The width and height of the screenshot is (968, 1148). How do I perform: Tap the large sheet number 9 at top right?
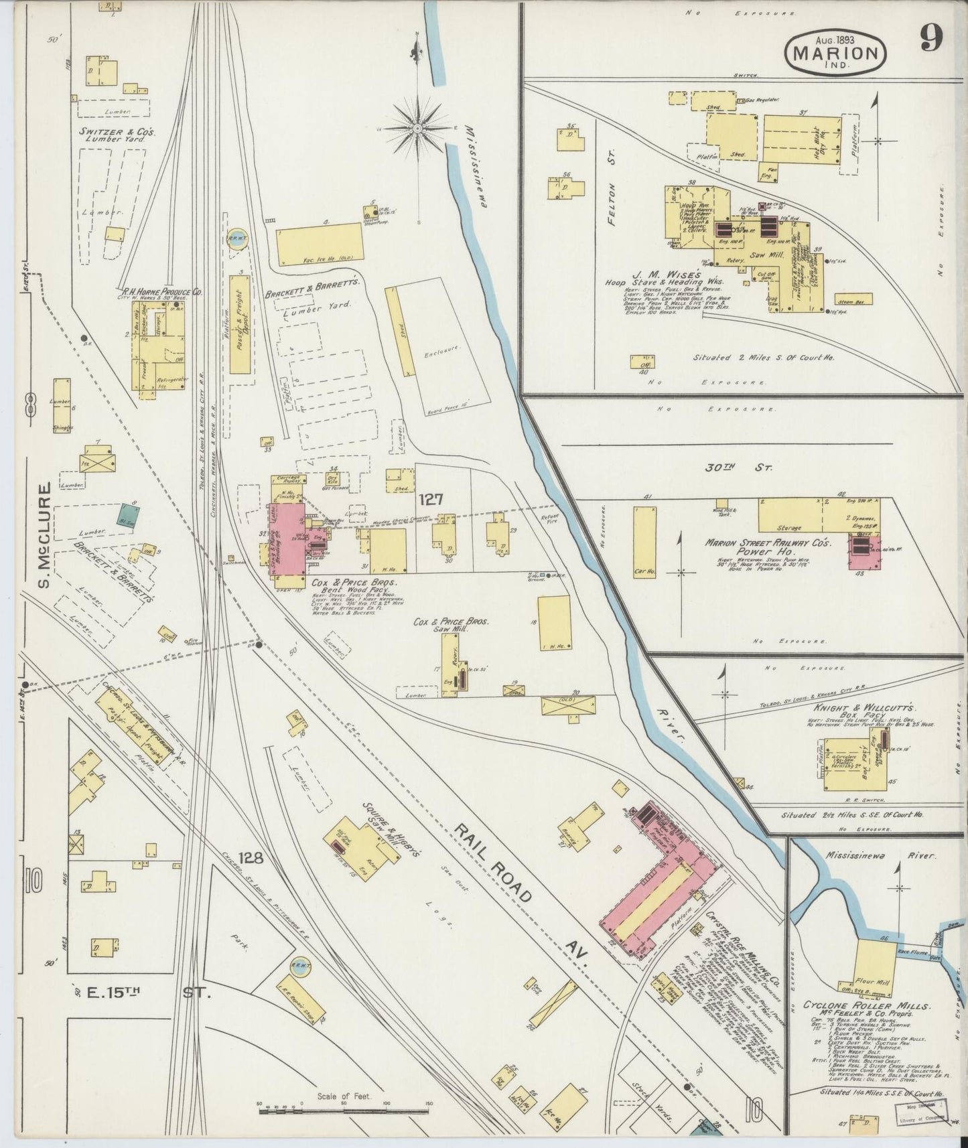[x=930, y=38]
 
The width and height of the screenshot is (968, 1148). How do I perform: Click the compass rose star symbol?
[x=418, y=127]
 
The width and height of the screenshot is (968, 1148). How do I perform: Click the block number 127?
[x=432, y=499]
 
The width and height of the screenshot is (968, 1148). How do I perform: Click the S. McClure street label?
[x=44, y=536]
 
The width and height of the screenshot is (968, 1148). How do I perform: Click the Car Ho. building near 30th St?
[x=644, y=542]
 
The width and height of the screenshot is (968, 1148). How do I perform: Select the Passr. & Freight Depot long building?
[x=239, y=324]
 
